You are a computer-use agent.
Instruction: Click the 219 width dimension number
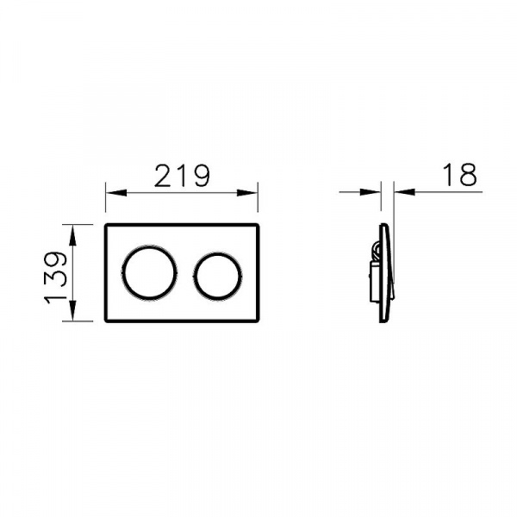tap(182, 176)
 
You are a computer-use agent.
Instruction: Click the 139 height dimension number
tap(56, 277)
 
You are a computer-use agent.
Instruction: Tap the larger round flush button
tap(150, 273)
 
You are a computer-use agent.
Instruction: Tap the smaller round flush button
tap(217, 277)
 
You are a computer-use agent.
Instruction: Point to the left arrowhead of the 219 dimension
tap(116, 193)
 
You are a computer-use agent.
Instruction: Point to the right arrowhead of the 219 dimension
tap(247, 193)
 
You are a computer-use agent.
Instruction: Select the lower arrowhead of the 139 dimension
tap(73, 310)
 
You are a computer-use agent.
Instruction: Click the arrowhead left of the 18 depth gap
tap(371, 192)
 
